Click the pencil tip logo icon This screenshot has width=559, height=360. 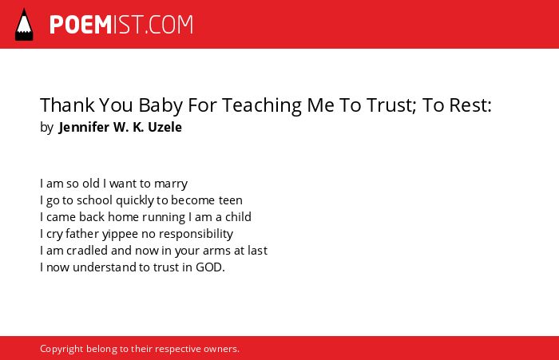pyautogui.click(x=24, y=25)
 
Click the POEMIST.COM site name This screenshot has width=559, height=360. pyautogui.click(x=121, y=25)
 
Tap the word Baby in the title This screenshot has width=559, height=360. pyautogui.click(x=161, y=106)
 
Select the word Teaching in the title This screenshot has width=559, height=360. pyautogui.click(x=262, y=106)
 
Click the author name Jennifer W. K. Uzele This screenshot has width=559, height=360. pyautogui.click(x=120, y=127)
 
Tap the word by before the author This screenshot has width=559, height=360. pyautogui.click(x=46, y=128)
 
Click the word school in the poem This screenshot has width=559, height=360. pyautogui.click(x=94, y=200)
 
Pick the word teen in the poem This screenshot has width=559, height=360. pyautogui.click(x=231, y=200)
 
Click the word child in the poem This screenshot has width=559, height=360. pyautogui.click(x=238, y=216)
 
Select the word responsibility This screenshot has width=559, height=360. pyautogui.click(x=196, y=234)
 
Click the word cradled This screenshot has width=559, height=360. pyautogui.click(x=87, y=250)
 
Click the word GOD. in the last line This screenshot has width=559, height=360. pyautogui.click(x=210, y=267)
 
